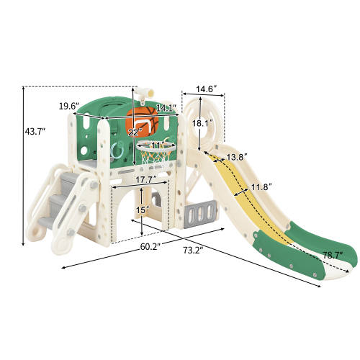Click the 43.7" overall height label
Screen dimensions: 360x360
tap(35, 132)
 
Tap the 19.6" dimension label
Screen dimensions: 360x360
tap(69, 106)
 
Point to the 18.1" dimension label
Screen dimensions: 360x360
tap(202, 124)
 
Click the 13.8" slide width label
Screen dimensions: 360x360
tap(237, 157)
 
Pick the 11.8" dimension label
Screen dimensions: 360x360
tap(261, 186)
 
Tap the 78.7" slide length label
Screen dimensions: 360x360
tap(333, 256)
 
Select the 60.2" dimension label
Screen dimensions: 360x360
tap(150, 246)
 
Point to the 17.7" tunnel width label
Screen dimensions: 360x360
tap(146, 180)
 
